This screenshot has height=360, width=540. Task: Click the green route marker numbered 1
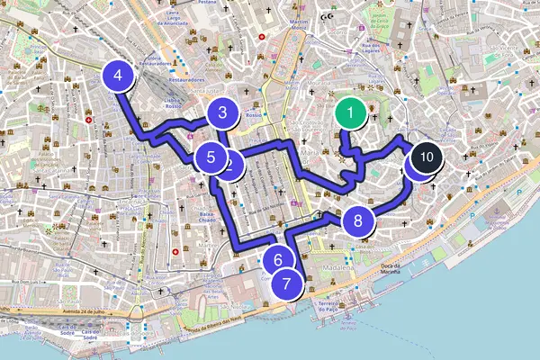coord(349,114)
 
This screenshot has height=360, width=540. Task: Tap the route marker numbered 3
coord(221,113)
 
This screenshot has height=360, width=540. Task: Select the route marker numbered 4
coord(119,76)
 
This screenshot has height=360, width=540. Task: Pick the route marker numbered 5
coord(210,157)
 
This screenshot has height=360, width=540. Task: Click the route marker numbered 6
coord(279,260)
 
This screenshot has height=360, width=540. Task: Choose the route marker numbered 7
coord(286,283)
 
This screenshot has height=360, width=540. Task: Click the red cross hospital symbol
coord(89,120)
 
